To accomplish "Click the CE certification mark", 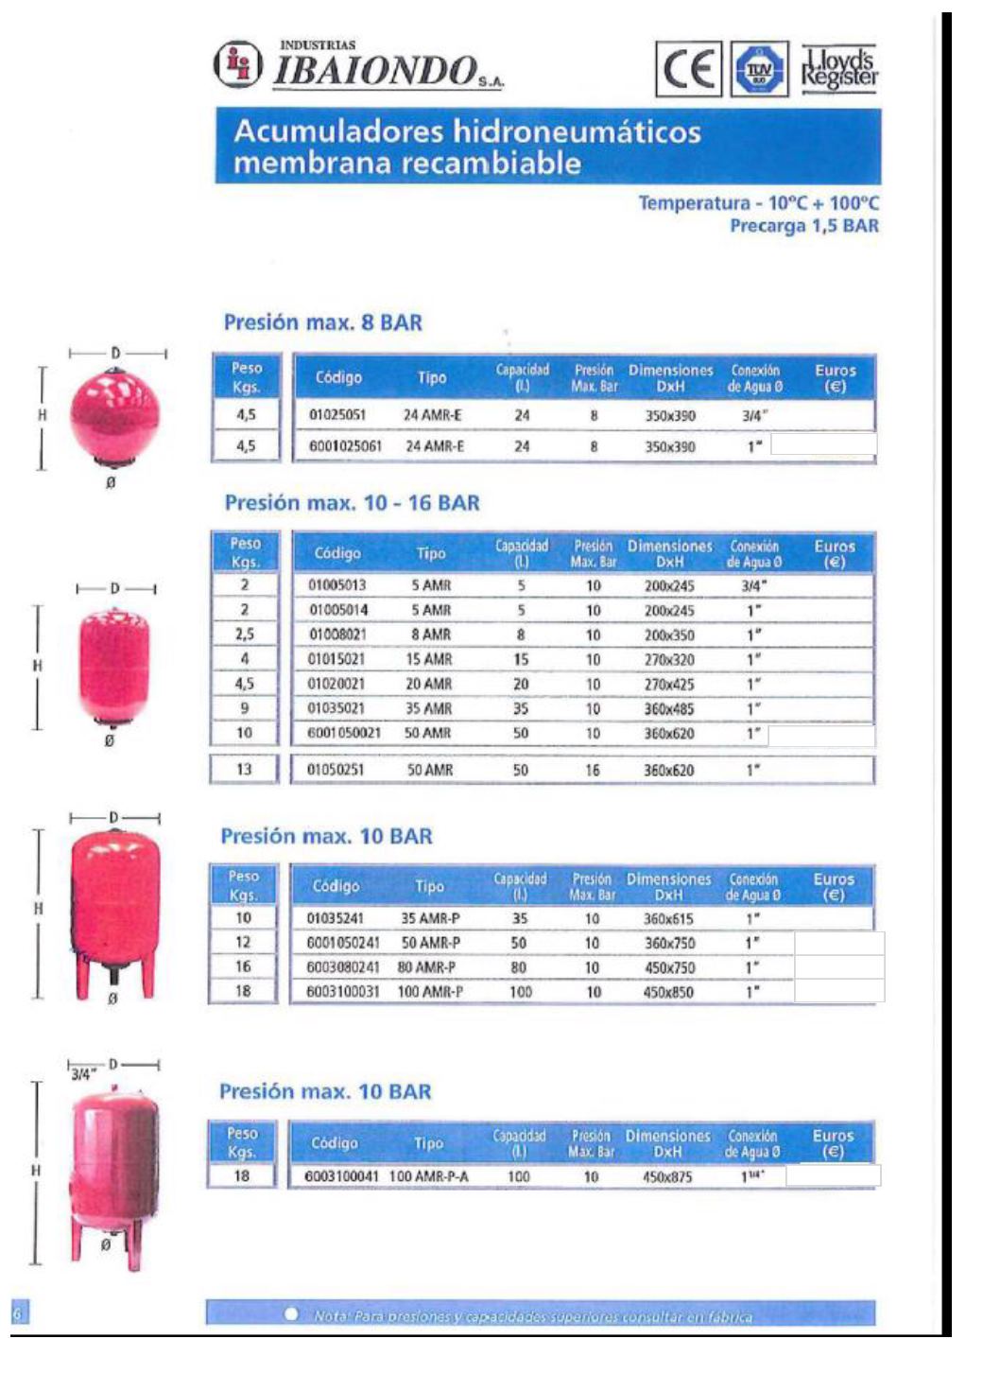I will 688,69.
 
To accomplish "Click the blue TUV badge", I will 760,69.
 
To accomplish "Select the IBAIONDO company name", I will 376,70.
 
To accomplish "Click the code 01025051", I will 337,415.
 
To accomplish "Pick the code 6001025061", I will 346,446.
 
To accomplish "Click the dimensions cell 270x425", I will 669,684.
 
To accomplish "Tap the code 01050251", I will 336,770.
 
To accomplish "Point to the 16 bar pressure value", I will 593,771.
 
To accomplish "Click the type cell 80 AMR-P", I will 426,967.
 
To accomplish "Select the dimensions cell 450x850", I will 668,992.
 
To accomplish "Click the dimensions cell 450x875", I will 667,1177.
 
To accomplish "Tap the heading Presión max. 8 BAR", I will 323,322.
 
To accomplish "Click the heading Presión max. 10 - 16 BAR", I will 352,503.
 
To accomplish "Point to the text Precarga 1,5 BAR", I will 803,226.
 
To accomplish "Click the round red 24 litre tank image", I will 115,415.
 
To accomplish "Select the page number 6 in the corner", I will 17,1313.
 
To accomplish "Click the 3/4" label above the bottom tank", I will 83,1073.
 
